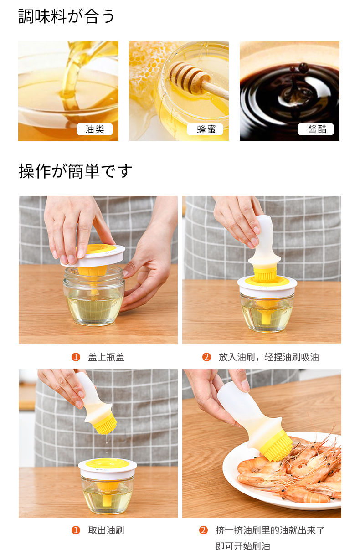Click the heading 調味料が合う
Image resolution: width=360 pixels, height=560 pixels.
[x=67, y=16]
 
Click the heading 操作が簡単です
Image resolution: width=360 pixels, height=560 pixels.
[x=75, y=171]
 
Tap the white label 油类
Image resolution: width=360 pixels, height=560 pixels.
[x=95, y=129]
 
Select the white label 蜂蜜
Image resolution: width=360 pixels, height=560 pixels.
[x=205, y=129]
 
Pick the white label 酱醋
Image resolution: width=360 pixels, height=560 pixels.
[x=316, y=129]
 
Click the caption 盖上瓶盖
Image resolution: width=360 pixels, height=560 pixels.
[x=106, y=357]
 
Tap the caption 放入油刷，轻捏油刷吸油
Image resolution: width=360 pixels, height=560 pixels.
[x=269, y=357]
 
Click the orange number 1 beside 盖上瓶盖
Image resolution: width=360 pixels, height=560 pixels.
[x=76, y=357]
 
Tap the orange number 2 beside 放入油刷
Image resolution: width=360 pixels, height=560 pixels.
[x=206, y=357]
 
